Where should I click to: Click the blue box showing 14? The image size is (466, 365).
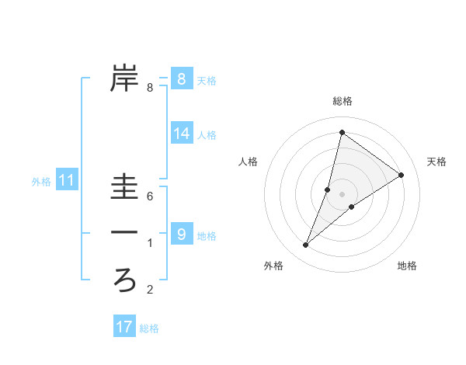click(x=181, y=134)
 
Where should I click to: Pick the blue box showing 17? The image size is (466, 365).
click(x=123, y=327)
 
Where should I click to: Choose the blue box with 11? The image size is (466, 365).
click(x=67, y=181)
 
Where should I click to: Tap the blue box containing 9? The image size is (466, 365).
click(x=181, y=234)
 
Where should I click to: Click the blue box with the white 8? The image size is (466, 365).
click(x=181, y=78)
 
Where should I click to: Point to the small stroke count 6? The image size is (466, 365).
click(x=150, y=197)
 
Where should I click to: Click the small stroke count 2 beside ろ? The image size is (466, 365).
click(x=150, y=290)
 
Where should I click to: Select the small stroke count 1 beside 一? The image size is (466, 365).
click(x=150, y=244)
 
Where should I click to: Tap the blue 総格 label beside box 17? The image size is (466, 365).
click(x=149, y=328)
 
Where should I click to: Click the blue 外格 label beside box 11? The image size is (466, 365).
click(x=41, y=182)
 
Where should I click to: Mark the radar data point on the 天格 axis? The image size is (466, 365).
click(x=402, y=175)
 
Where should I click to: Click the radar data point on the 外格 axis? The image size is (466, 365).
click(x=306, y=245)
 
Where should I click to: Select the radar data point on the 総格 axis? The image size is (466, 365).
click(x=342, y=132)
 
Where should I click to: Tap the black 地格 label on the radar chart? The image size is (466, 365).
click(x=407, y=266)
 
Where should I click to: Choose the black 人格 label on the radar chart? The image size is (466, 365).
click(x=248, y=162)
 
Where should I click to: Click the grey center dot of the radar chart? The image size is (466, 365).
click(x=342, y=194)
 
